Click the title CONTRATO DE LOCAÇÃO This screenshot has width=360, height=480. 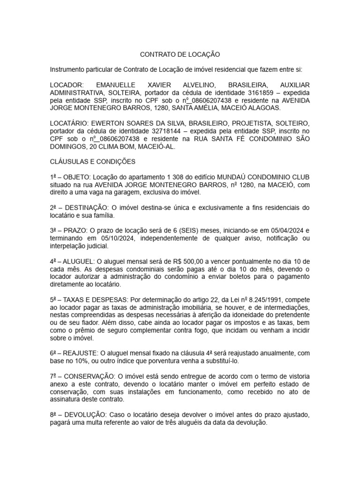[x=180, y=54]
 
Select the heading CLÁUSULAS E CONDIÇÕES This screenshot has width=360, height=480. [x=92, y=162]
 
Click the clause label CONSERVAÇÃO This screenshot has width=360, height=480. [x=89, y=376]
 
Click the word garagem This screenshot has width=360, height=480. [x=125, y=192]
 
